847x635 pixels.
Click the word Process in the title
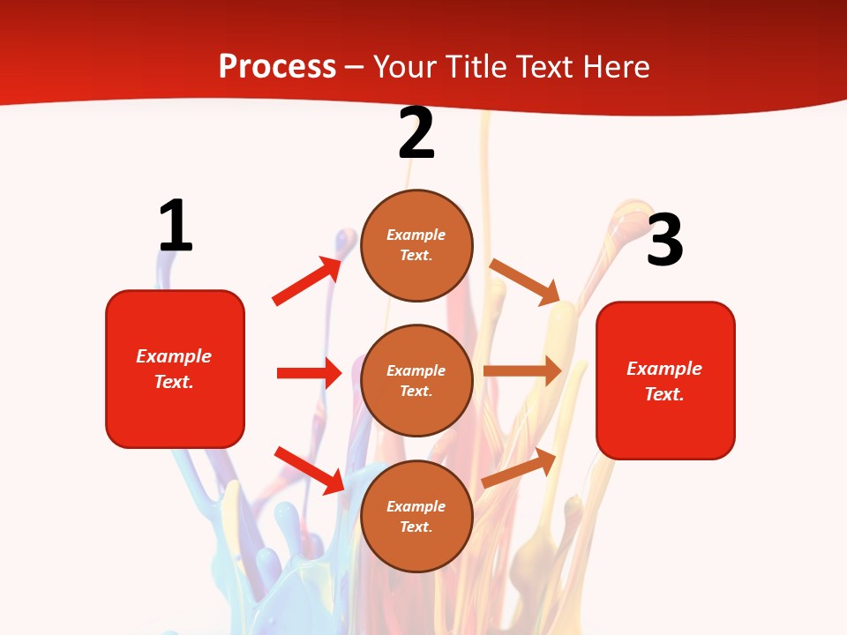(x=277, y=67)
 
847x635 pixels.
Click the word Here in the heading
(x=612, y=67)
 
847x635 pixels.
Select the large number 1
(x=176, y=226)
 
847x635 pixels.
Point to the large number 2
(x=416, y=133)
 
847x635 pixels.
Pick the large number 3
(x=664, y=240)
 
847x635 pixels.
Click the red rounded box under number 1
(x=175, y=369)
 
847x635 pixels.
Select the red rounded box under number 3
(x=665, y=380)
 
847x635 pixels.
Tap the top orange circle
(x=416, y=245)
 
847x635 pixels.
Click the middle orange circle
(x=416, y=380)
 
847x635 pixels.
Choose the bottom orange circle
(x=416, y=516)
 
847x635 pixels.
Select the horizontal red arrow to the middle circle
(x=309, y=373)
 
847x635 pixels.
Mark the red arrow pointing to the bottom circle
(x=310, y=469)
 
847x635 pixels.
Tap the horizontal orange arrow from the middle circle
(x=522, y=371)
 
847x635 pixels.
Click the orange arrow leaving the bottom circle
(x=520, y=467)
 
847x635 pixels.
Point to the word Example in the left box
(x=174, y=356)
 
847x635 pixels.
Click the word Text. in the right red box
(x=664, y=394)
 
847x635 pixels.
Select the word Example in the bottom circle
(x=416, y=506)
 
